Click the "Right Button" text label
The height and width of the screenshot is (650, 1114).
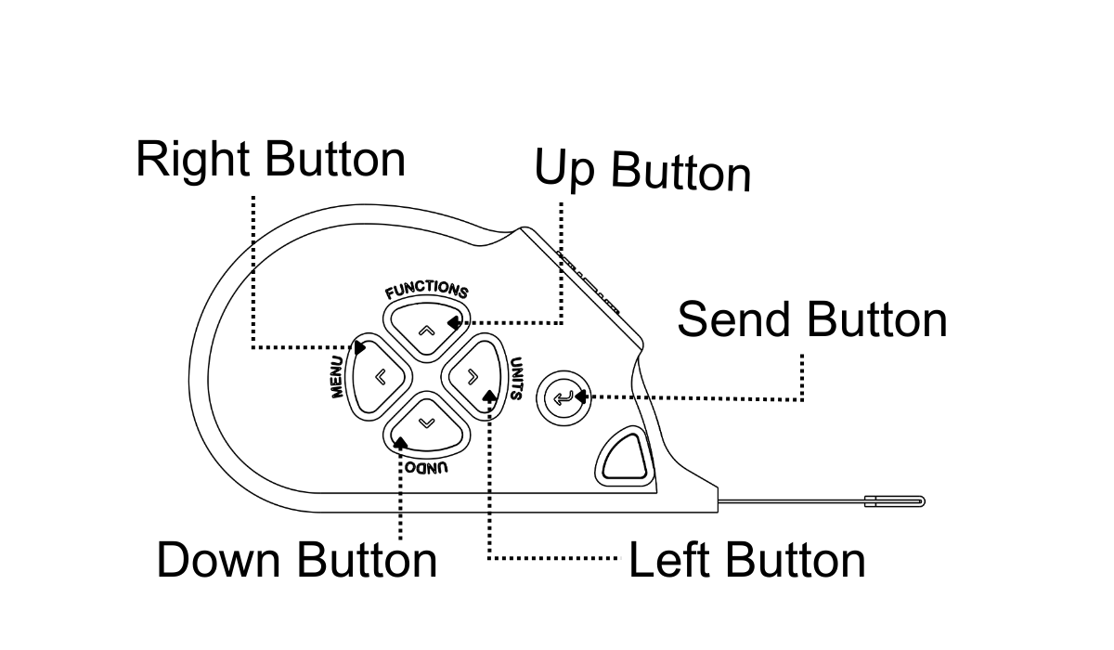point(270,160)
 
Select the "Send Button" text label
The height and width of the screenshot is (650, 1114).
point(812,319)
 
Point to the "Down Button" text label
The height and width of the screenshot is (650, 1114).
point(296,560)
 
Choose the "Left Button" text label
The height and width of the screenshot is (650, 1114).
point(747,560)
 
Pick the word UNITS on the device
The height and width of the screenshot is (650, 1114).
point(515,379)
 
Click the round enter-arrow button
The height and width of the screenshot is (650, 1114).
point(563,398)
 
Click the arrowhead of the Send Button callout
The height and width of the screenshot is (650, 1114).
point(578,398)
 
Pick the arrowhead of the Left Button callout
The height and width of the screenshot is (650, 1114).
point(489,396)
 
